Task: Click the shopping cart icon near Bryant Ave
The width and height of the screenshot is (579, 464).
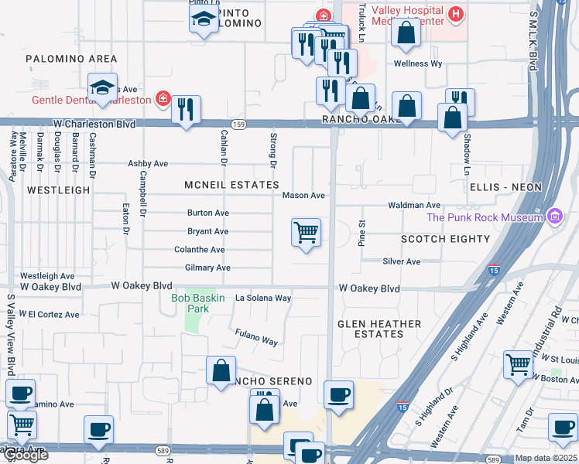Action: pyautogui.click(x=307, y=232)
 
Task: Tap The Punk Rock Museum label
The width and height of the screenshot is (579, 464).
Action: pyautogui.click(x=485, y=217)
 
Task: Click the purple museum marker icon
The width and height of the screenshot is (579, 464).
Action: pyautogui.click(x=553, y=217)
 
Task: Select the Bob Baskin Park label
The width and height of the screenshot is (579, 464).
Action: pyautogui.click(x=190, y=303)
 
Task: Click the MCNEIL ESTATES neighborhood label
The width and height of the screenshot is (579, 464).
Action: pyautogui.click(x=231, y=186)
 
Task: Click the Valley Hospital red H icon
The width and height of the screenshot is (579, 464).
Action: pyautogui.click(x=456, y=14)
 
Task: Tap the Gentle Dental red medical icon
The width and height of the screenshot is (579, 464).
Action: pyautogui.click(x=163, y=99)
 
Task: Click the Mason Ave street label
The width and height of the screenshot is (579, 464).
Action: pyautogui.click(x=303, y=196)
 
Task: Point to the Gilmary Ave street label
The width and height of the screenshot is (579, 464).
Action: pyautogui.click(x=207, y=268)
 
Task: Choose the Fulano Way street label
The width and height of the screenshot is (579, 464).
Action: pyautogui.click(x=256, y=337)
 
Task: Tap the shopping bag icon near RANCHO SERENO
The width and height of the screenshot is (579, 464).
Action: pyautogui.click(x=221, y=370)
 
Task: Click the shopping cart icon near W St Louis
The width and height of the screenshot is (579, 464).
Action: pyautogui.click(x=518, y=363)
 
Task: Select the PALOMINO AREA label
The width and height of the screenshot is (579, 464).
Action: pyautogui.click(x=71, y=59)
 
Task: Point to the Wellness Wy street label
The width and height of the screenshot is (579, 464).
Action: pyautogui.click(x=418, y=63)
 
